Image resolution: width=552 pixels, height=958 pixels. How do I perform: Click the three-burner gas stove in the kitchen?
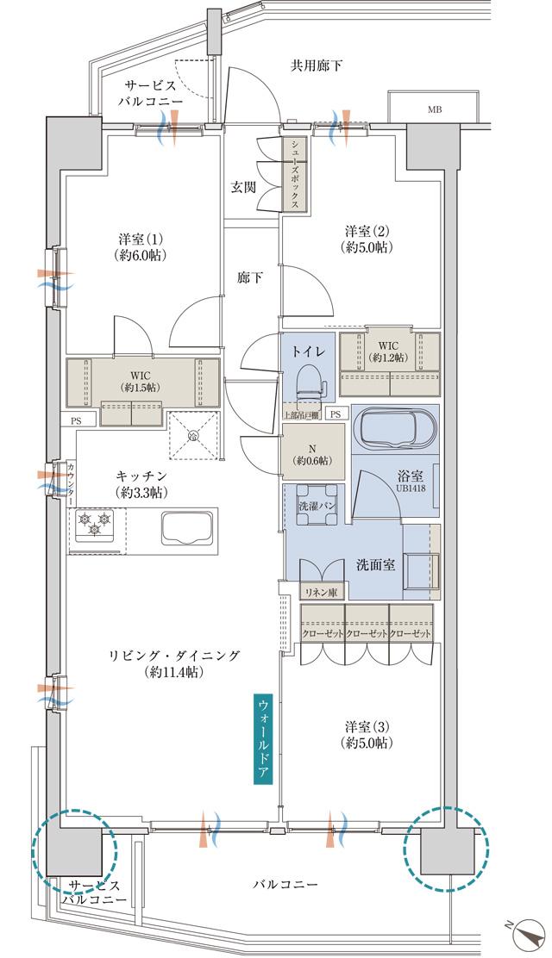click(x=95, y=525)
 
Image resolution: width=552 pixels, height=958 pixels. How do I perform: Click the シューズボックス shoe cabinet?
click(x=295, y=175)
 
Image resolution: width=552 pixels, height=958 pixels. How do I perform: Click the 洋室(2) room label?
click(x=368, y=239)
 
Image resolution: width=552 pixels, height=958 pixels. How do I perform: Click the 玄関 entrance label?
click(x=242, y=187)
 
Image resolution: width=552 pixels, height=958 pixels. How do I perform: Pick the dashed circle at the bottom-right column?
click(x=446, y=849)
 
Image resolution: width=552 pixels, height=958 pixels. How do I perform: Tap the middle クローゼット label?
click(x=367, y=633)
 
